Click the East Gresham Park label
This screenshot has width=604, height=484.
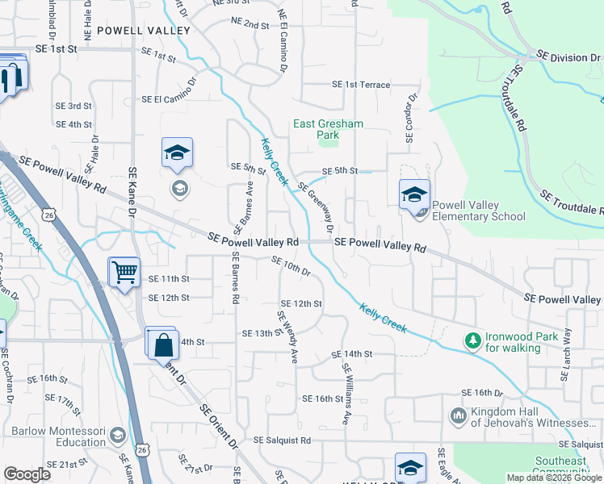328,129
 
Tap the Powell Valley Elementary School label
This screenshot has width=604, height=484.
479,211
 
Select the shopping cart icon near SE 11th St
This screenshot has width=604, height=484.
124,272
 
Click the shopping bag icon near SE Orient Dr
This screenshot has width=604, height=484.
162,344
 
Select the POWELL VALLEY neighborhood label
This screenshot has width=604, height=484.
144,31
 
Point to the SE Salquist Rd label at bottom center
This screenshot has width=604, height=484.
282,440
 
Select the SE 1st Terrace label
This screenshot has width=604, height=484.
362,85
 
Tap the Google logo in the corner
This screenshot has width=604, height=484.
27,474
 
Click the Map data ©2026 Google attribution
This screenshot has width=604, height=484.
554,478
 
